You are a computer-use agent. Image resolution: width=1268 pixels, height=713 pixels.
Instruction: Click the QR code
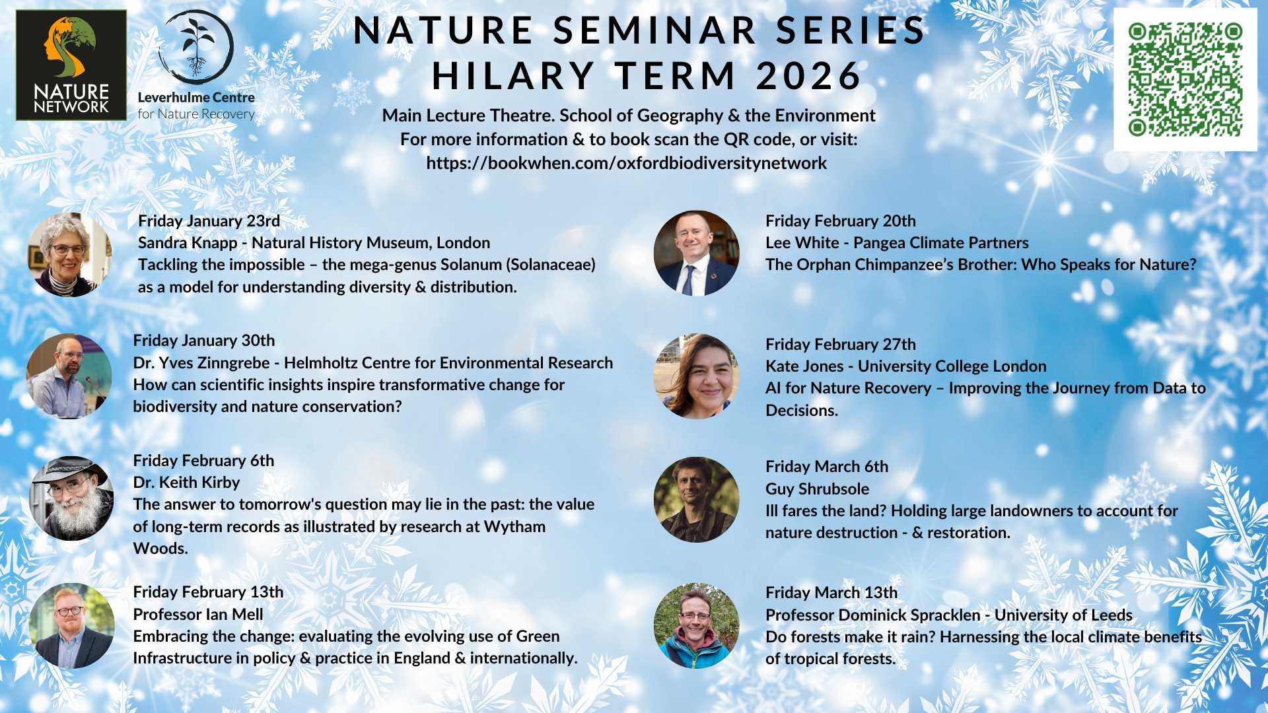(1185, 80)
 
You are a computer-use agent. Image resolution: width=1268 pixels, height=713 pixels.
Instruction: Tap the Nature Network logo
(71, 65)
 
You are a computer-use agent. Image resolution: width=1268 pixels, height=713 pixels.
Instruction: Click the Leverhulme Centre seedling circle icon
(196, 47)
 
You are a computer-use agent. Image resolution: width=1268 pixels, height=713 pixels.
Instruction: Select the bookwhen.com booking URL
(626, 163)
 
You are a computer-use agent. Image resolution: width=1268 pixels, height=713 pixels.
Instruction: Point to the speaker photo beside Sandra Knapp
(69, 254)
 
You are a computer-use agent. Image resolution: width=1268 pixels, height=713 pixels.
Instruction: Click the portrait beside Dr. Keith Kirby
(71, 498)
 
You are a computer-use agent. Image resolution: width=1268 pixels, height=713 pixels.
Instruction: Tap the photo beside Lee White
(696, 253)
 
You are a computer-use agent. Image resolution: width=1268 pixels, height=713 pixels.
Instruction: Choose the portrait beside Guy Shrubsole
(696, 500)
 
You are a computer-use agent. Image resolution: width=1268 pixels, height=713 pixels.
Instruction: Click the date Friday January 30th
(204, 341)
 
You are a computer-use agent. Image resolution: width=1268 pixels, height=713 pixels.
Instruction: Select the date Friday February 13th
(208, 592)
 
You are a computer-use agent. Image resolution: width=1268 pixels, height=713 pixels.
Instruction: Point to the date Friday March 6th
(827, 467)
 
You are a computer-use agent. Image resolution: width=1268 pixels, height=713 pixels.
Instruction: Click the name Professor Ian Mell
(198, 615)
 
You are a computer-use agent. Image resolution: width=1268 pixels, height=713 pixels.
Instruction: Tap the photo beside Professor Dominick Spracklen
(696, 626)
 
